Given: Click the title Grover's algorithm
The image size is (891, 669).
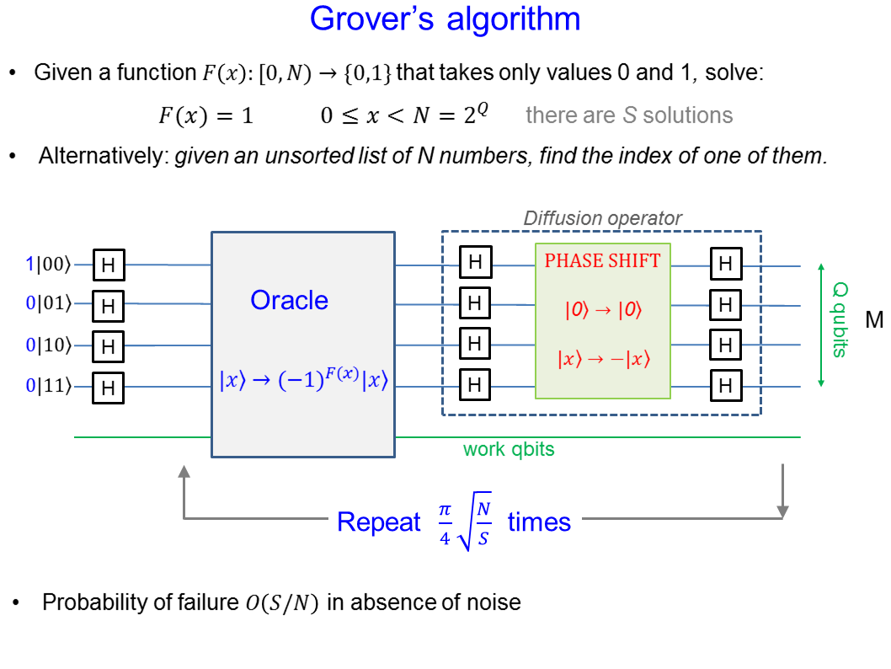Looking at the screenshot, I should pyautogui.click(x=445, y=19).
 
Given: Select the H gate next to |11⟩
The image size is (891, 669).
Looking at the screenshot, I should pyautogui.click(x=108, y=388).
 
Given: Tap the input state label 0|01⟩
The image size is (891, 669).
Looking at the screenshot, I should pyautogui.click(x=49, y=302).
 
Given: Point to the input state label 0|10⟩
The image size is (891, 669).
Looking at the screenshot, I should pyautogui.click(x=49, y=345).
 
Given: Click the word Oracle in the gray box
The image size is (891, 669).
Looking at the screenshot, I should pyautogui.click(x=289, y=300).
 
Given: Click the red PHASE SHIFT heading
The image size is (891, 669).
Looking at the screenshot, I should pyautogui.click(x=602, y=261).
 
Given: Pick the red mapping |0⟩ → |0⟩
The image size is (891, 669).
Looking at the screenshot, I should pyautogui.click(x=602, y=309).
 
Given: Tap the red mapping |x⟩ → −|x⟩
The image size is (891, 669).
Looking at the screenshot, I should pyautogui.click(x=602, y=358).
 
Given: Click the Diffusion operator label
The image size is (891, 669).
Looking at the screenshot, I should pyautogui.click(x=602, y=218).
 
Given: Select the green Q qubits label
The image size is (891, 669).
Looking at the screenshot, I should pyautogui.click(x=839, y=320).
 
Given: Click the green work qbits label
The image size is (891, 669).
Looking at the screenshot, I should pyautogui.click(x=509, y=449).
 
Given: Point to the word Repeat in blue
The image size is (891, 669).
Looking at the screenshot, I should pyautogui.click(x=378, y=522).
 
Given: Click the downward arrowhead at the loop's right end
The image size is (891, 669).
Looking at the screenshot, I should pyautogui.click(x=782, y=510).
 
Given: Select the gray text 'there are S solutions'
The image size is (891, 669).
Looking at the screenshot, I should pyautogui.click(x=629, y=115).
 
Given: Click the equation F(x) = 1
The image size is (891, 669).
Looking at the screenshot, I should pyautogui.click(x=205, y=115).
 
